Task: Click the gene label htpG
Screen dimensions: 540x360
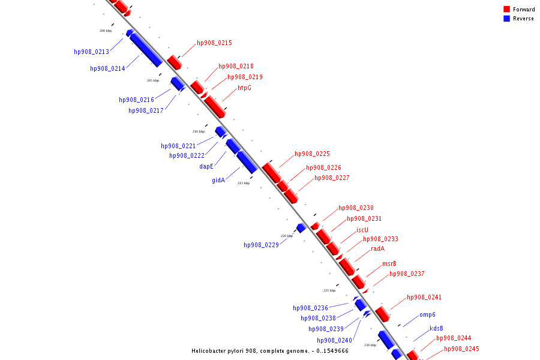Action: (244, 88)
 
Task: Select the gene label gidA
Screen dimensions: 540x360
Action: (218, 180)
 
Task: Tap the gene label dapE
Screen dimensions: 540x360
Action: (206, 167)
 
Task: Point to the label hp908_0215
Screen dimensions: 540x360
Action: (214, 43)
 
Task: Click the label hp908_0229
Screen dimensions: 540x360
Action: (261, 245)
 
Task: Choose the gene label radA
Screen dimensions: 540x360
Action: (377, 249)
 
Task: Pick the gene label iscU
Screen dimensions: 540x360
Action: (362, 230)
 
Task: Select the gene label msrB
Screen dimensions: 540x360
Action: (389, 264)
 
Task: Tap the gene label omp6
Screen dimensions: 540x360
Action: (427, 315)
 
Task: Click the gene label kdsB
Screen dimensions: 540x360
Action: (436, 329)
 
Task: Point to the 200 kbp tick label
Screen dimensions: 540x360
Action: (106, 31)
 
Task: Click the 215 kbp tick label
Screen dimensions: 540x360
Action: (243, 183)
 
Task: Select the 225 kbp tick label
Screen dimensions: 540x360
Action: (329, 290)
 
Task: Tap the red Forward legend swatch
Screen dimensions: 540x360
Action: (506, 10)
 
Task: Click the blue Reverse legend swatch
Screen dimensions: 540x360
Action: (506, 19)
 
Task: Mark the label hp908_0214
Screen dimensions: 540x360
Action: (107, 69)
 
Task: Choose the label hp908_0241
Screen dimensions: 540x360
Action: (424, 298)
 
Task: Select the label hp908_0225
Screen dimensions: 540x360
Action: (312, 154)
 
